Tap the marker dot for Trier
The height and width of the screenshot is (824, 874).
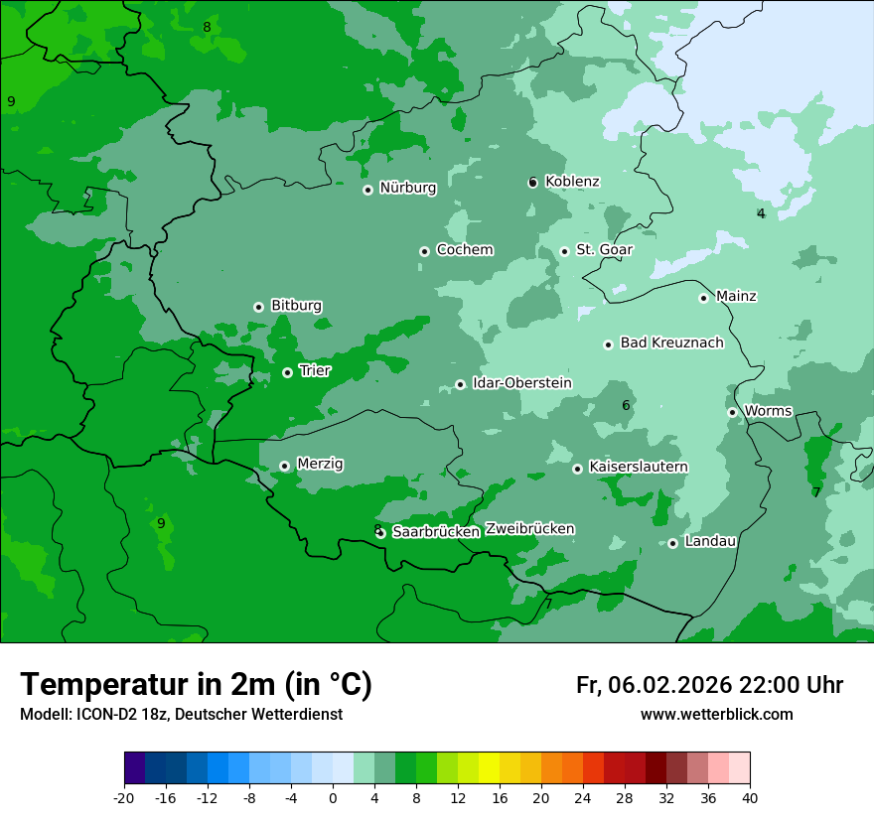287,372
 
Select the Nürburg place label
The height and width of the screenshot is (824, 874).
407,188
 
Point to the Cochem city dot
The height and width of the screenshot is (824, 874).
424,251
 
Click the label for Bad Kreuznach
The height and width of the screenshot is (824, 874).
671,343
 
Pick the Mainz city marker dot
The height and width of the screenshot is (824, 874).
703,298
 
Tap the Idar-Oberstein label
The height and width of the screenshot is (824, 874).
521,383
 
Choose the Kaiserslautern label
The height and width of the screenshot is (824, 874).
638,467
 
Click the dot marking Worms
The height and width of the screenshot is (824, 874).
732,412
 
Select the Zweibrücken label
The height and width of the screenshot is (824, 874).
529,529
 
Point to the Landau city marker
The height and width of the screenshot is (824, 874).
672,543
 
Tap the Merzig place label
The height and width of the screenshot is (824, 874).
320,464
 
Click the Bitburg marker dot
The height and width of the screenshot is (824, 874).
258,307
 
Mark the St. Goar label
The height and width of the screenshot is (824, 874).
604,249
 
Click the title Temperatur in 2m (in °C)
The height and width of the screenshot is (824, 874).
196,684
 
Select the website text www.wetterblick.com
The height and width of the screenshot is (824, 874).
716,714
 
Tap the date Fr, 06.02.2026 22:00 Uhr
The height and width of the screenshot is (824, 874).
709,685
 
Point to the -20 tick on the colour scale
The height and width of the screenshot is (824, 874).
124,797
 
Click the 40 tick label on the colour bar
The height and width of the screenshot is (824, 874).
750,797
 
